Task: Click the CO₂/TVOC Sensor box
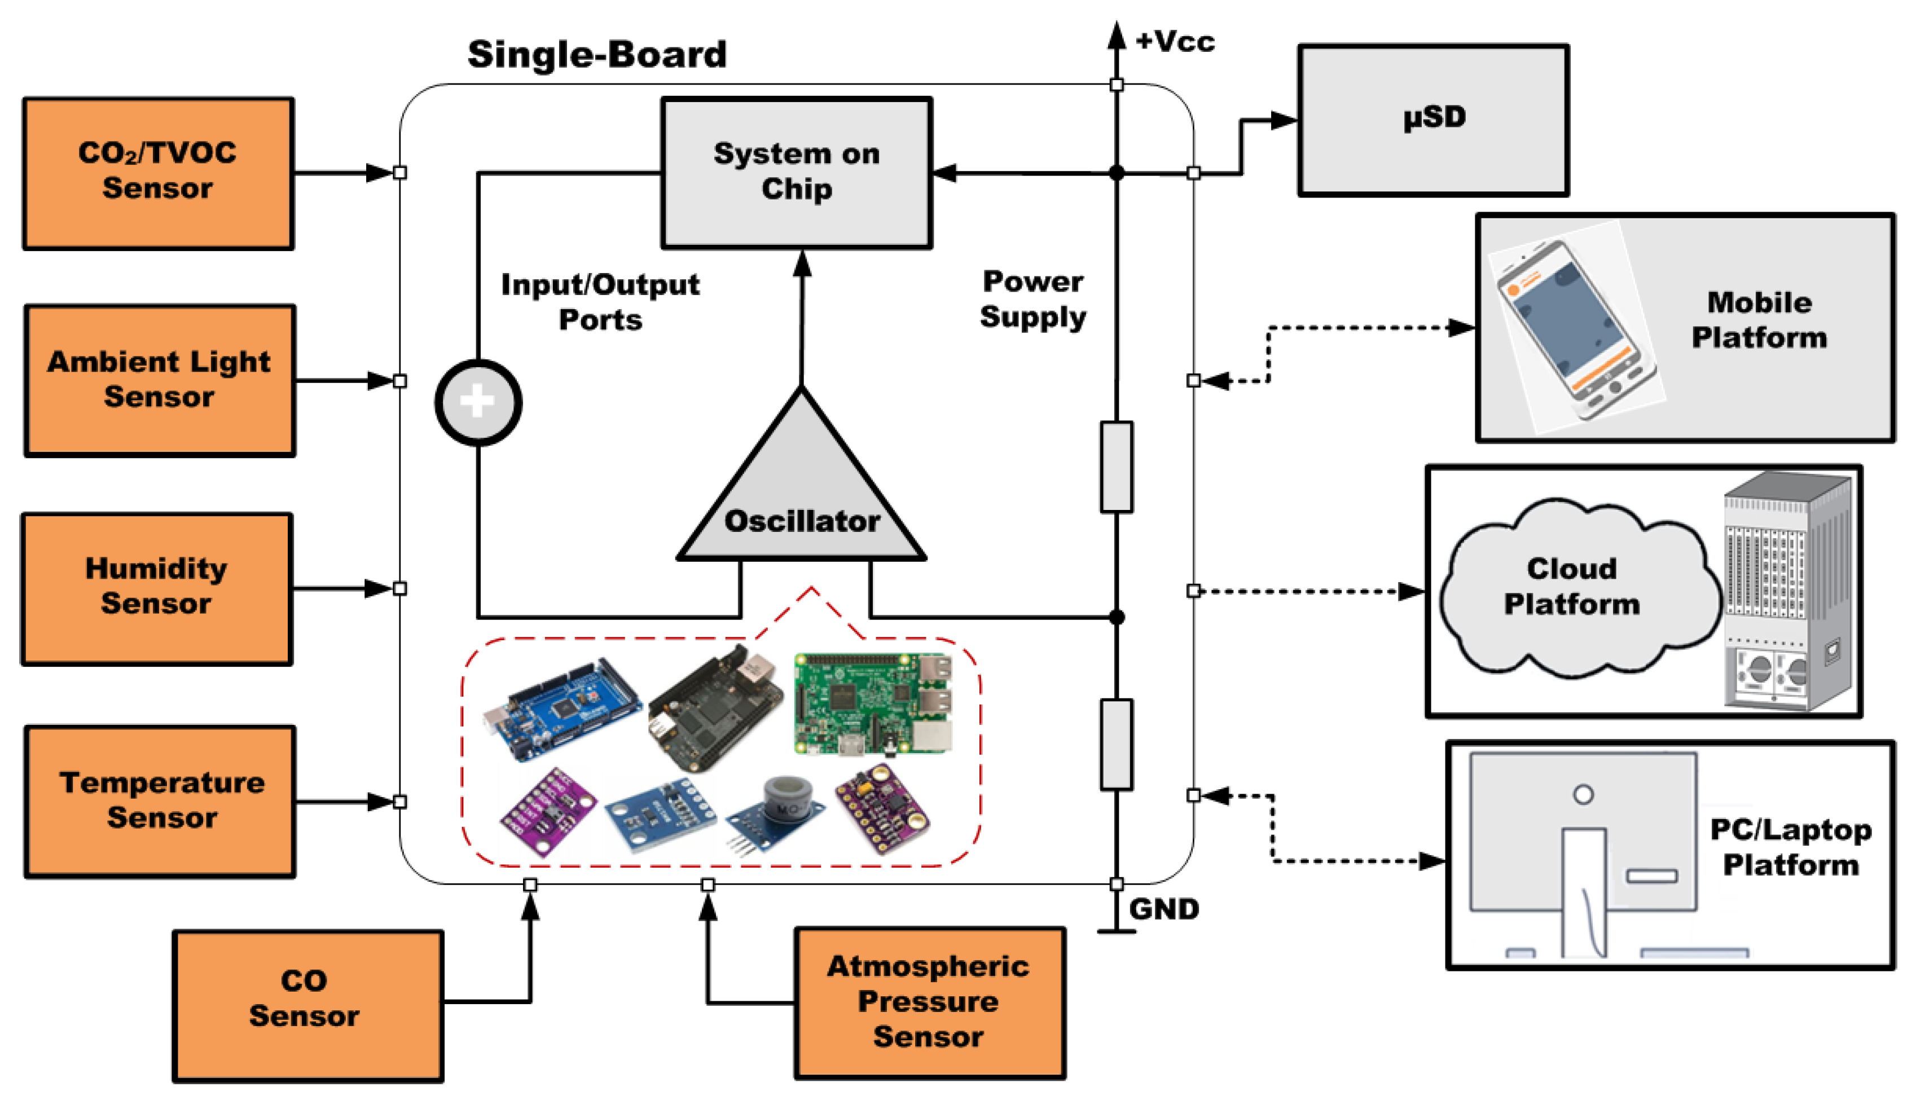click(158, 173)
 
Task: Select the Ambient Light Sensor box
click(160, 380)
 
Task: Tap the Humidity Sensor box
click(156, 588)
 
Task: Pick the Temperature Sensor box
click(160, 801)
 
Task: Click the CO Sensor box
click(307, 1006)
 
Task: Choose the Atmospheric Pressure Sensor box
click(929, 1002)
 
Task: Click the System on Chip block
click(796, 172)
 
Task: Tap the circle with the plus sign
click(477, 402)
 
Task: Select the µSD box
click(1433, 120)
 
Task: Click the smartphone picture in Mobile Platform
click(1575, 329)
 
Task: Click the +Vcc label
click(1175, 42)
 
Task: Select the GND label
click(1163, 909)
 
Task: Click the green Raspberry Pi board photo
click(873, 704)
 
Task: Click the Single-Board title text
click(597, 54)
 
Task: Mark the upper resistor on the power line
click(1116, 466)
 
